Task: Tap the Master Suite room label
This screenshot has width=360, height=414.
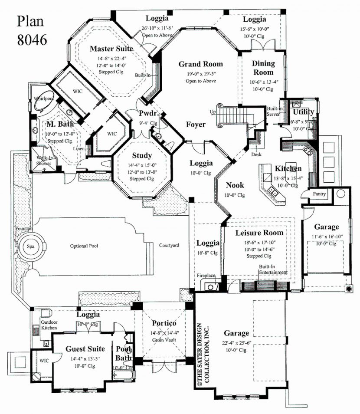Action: point(111,49)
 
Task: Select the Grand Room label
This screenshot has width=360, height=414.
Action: point(201,64)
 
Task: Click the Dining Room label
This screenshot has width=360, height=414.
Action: point(263,68)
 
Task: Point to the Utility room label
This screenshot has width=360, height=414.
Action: point(304,112)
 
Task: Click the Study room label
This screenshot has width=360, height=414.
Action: point(142,155)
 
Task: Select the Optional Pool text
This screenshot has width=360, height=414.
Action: point(84,246)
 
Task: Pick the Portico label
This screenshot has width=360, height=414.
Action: point(164,323)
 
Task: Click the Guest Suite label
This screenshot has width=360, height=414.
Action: point(85,348)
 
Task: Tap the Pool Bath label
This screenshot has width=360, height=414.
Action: point(123,353)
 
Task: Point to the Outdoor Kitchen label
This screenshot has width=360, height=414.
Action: point(49,325)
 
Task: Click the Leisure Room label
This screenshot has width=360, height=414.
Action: point(259,233)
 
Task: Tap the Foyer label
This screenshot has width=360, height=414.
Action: point(196,125)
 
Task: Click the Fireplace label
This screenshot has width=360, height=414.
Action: point(206,275)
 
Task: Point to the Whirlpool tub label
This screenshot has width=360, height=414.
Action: point(43,99)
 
